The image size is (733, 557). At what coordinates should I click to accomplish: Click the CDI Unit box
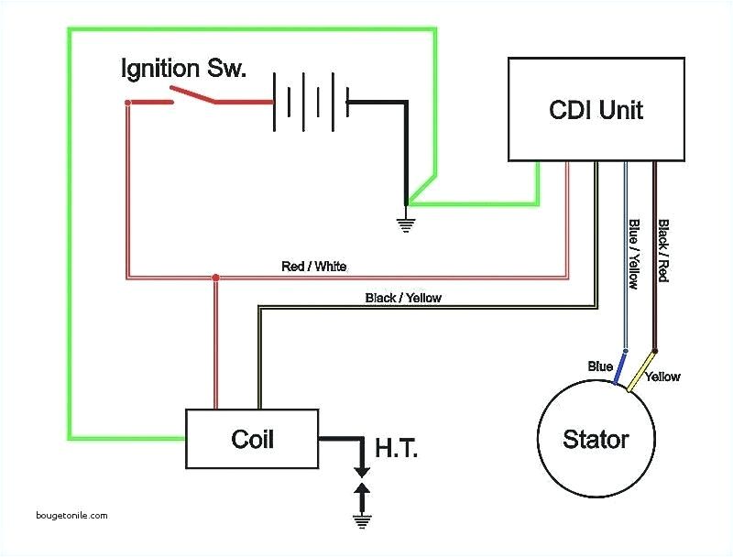[596, 110]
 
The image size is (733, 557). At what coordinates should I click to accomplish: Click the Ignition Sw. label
[184, 69]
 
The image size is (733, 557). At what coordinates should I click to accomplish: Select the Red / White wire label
[313, 267]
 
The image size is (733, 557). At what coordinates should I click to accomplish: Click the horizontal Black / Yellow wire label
[403, 298]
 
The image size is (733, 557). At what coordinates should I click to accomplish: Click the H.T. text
[396, 448]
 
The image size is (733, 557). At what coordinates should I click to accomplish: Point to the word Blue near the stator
[600, 366]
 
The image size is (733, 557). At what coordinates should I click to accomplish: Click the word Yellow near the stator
[662, 377]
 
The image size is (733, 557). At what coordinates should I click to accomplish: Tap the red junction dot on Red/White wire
[215, 277]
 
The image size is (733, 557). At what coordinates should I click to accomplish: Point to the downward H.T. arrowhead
[363, 470]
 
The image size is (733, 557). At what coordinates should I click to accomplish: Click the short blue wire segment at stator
[619, 370]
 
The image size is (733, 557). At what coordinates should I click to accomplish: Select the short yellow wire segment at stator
[646, 369]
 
